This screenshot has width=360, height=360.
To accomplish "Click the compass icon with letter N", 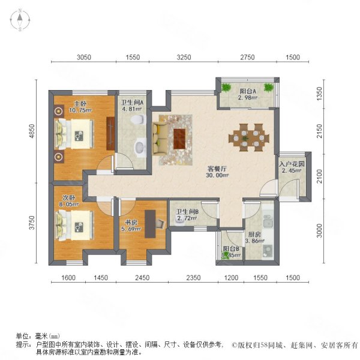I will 20,20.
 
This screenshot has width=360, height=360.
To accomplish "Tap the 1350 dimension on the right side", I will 320,93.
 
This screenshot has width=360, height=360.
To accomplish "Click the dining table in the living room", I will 248,136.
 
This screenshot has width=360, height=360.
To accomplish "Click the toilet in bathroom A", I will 140,120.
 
